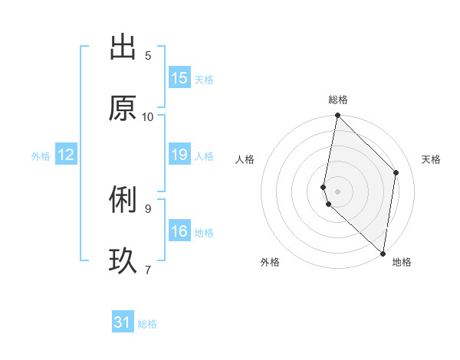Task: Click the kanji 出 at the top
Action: pyautogui.click(x=123, y=47)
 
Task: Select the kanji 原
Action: pyautogui.click(x=123, y=109)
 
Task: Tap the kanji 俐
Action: pyautogui.click(x=123, y=200)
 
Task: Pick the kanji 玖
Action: pyautogui.click(x=123, y=261)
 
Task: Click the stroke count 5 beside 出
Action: pyautogui.click(x=148, y=55)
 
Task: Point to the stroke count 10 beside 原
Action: pyautogui.click(x=148, y=116)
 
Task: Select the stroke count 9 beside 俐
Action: pyautogui.click(x=148, y=208)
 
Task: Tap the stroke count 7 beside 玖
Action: pyautogui.click(x=148, y=269)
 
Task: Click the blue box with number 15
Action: pyautogui.click(x=179, y=78)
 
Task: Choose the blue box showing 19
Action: pyautogui.click(x=179, y=155)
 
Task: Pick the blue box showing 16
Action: pyautogui.click(x=179, y=231)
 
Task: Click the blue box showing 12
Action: pyautogui.click(x=66, y=155)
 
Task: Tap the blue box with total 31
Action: pyautogui.click(x=123, y=322)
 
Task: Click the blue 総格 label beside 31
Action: pyautogui.click(x=147, y=324)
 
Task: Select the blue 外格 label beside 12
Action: pyautogui.click(x=41, y=156)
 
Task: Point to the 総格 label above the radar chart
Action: pyautogui.click(x=338, y=100)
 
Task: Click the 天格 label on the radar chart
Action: pyautogui.click(x=432, y=159)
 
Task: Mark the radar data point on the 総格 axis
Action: pyautogui.click(x=337, y=116)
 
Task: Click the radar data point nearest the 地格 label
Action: pyautogui.click(x=383, y=253)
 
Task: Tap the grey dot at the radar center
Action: pyautogui.click(x=337, y=191)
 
